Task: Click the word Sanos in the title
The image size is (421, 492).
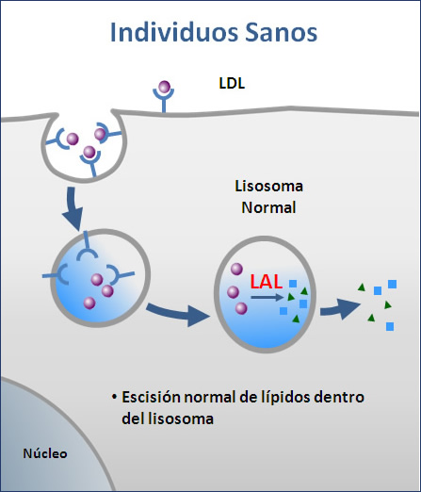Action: pyautogui.click(x=281, y=33)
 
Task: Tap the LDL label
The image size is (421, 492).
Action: pyautogui.click(x=232, y=83)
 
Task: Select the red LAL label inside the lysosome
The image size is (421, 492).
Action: pyautogui.click(x=267, y=282)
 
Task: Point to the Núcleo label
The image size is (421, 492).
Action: pyautogui.click(x=45, y=453)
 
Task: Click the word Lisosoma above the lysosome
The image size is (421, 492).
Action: pyautogui.click(x=268, y=186)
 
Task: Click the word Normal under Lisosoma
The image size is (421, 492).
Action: pyautogui.click(x=268, y=207)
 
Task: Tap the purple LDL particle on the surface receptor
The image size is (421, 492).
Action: pyautogui.click(x=164, y=87)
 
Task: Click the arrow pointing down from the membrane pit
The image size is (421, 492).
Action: pyautogui.click(x=73, y=209)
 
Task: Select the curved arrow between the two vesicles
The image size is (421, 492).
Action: pyautogui.click(x=177, y=313)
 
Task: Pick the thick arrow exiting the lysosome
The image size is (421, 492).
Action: pyautogui.click(x=340, y=308)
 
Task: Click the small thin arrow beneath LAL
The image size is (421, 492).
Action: pyautogui.click(x=267, y=297)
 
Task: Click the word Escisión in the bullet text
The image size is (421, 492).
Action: pyautogui.click(x=151, y=397)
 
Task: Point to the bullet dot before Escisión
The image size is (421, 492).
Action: pyautogui.click(x=114, y=397)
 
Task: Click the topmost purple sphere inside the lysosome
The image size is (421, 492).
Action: pyautogui.click(x=236, y=270)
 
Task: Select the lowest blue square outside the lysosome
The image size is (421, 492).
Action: pyautogui.click(x=390, y=326)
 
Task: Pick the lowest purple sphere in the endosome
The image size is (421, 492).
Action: pyautogui.click(x=89, y=303)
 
